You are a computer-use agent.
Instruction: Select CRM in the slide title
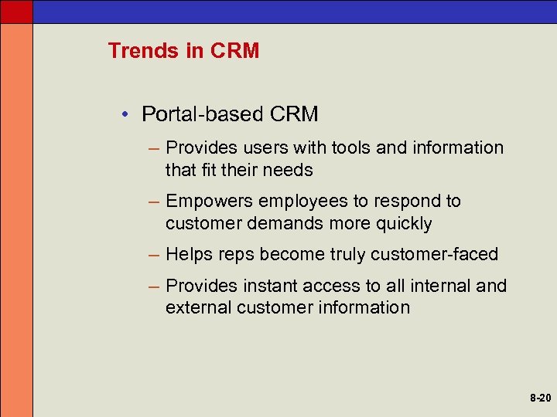point(234,51)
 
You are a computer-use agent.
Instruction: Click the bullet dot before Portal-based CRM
point(124,115)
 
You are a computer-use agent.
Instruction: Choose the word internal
point(435,286)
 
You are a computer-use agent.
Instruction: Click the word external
point(193,307)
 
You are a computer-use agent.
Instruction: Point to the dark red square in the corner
point(16,11)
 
